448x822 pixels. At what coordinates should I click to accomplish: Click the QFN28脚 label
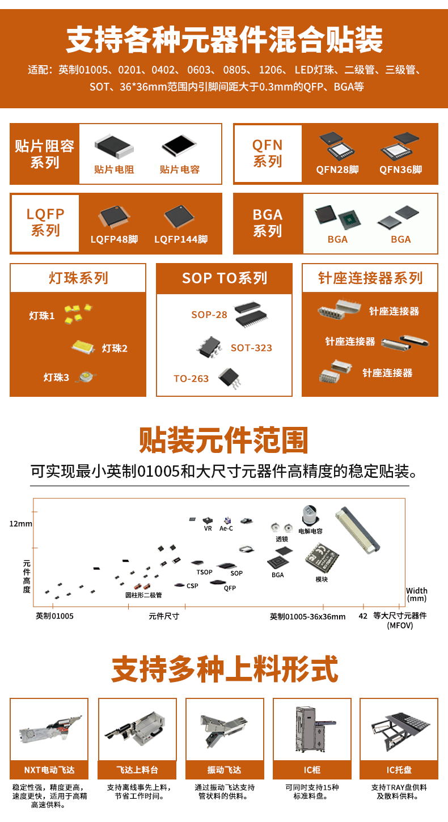pos(337,170)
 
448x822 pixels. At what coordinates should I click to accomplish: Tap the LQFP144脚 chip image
pos(179,217)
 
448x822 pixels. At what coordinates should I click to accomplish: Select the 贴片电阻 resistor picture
pos(114,147)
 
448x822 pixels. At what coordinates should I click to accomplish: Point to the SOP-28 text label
pos(209,315)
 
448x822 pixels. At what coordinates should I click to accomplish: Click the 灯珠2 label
pos(115,348)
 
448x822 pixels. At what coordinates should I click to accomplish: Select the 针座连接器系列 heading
pos(370,278)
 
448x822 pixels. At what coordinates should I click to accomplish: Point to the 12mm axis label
pos(20,524)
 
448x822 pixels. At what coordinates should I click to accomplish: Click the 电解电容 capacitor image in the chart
pos(310,515)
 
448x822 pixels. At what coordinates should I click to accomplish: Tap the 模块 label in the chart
pos(322,579)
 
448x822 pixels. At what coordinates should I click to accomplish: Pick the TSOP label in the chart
pos(204,572)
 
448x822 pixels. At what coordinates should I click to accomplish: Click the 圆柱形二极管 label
pos(143,595)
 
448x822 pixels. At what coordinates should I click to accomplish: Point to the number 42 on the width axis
pos(363,616)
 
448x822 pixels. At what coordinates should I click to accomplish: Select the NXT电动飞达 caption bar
pos(49,769)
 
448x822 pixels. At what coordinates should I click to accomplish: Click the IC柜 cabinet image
pos(312,729)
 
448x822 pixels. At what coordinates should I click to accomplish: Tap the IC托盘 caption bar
pos(399,769)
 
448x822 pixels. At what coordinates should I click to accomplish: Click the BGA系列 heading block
pos(268,223)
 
